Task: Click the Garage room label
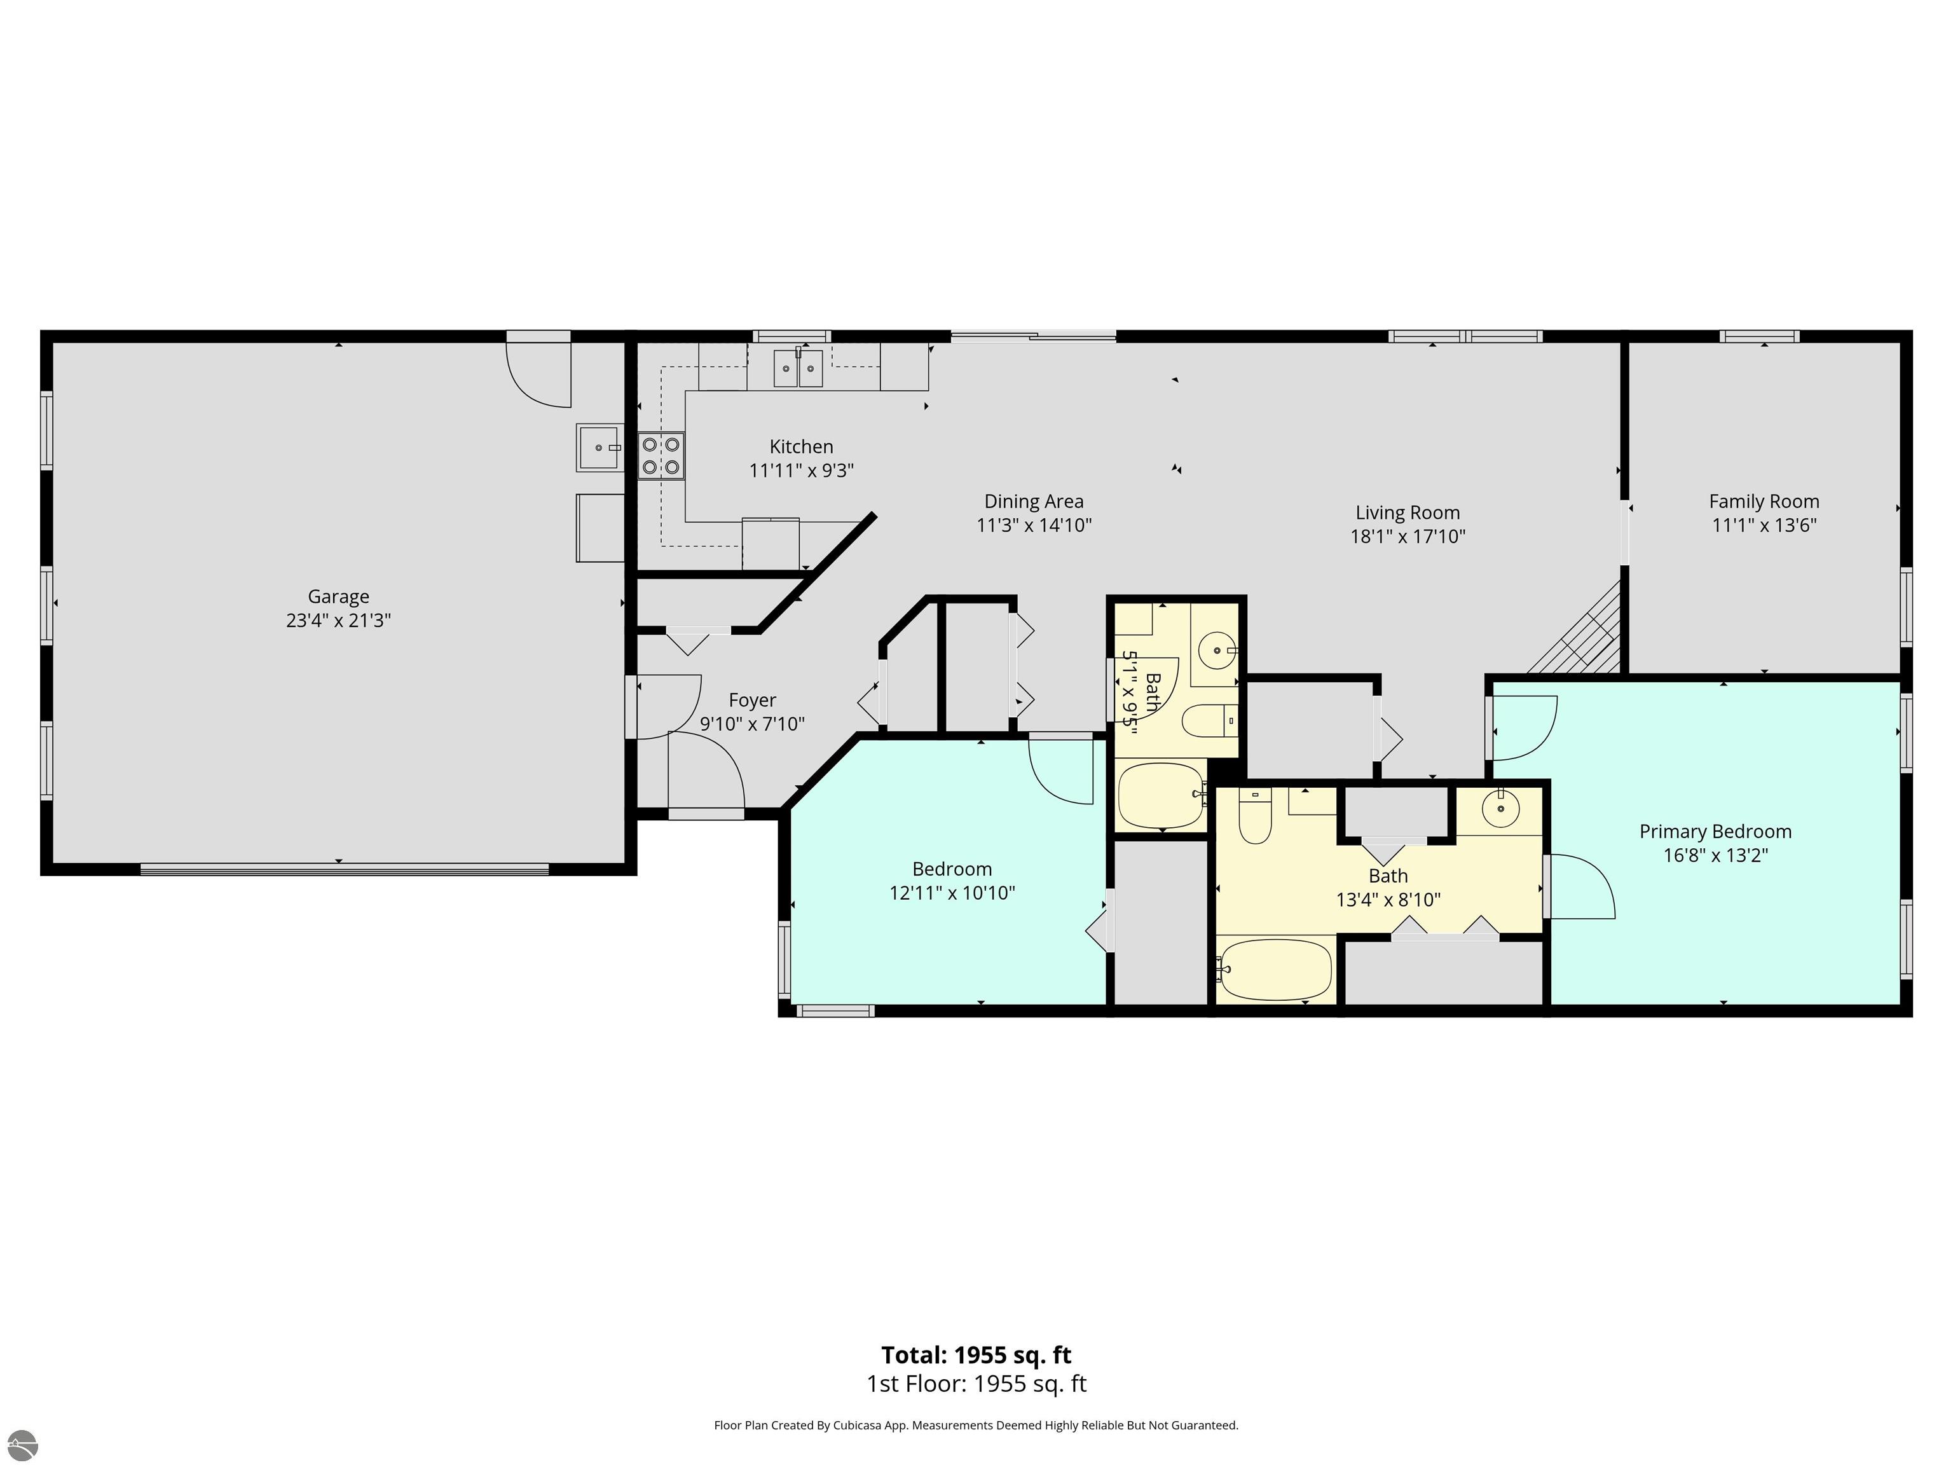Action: [x=338, y=597]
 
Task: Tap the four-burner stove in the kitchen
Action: [x=661, y=456]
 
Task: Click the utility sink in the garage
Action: [x=600, y=448]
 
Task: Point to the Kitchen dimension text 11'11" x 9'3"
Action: [x=802, y=471]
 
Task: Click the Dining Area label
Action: [x=1034, y=502]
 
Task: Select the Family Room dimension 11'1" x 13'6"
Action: [x=1764, y=525]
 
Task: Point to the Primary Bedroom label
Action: [x=1715, y=831]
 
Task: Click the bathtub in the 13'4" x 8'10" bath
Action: [x=1275, y=970]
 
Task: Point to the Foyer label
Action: [x=752, y=700]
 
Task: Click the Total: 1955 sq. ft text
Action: [x=976, y=1354]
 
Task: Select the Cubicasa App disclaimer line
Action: [x=976, y=1424]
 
